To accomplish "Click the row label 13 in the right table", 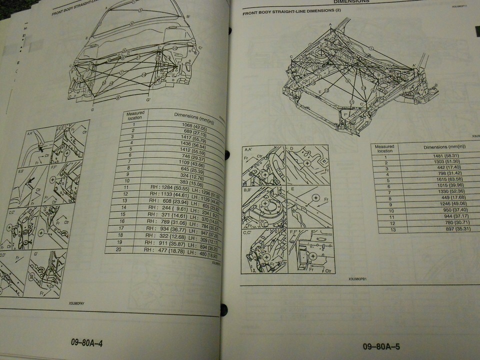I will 385,229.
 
